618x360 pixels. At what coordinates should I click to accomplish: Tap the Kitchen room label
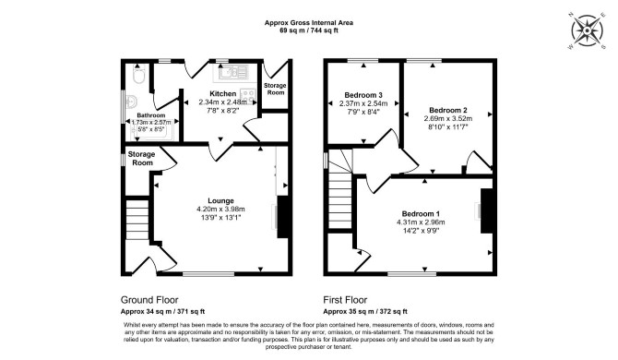(x=222, y=94)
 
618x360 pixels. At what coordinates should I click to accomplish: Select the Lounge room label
(x=220, y=200)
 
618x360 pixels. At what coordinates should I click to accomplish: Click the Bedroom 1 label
(x=421, y=214)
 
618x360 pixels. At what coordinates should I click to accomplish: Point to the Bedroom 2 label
(x=448, y=110)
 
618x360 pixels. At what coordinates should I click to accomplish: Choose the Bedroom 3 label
(x=363, y=95)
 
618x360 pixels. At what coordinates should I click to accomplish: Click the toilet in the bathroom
(x=138, y=74)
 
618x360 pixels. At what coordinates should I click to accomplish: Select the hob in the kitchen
(x=248, y=95)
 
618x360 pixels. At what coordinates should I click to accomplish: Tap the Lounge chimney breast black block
(x=282, y=217)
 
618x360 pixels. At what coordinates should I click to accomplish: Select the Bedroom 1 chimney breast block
(x=487, y=211)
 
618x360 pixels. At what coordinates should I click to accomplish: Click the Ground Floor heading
(x=149, y=300)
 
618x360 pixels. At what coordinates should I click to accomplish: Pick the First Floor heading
(x=345, y=300)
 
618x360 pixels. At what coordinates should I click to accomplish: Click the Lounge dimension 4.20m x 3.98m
(x=220, y=209)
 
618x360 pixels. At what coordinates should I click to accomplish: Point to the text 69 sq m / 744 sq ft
(x=309, y=30)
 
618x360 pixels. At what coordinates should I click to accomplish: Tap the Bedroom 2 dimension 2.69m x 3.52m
(x=448, y=118)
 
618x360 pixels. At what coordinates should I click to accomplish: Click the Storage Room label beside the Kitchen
(x=275, y=89)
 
